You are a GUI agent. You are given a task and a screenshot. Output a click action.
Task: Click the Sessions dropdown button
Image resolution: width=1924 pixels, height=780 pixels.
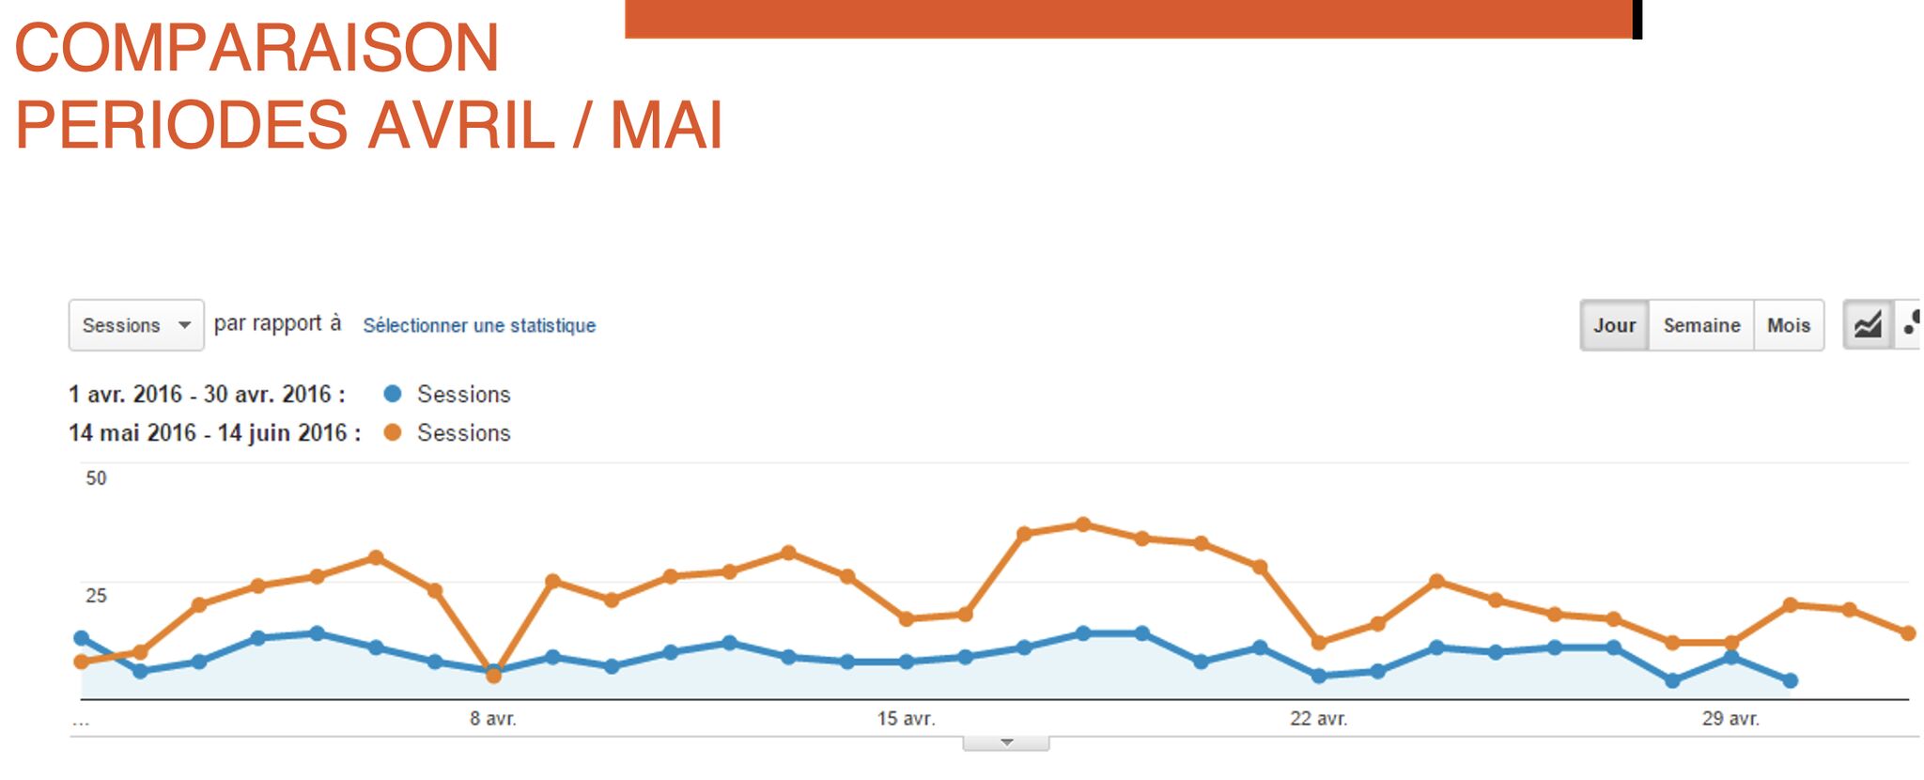pyautogui.click(x=136, y=325)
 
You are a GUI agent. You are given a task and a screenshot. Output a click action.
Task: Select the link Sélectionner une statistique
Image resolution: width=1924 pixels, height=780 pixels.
pyautogui.click(x=479, y=325)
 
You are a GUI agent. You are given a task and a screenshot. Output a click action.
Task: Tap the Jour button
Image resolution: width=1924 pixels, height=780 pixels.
pyautogui.click(x=1614, y=325)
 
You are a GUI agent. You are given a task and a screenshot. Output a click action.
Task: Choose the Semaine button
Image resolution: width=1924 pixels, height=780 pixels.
pyautogui.click(x=1701, y=325)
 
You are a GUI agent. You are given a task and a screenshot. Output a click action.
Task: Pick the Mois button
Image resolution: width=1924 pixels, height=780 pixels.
pyautogui.click(x=1788, y=325)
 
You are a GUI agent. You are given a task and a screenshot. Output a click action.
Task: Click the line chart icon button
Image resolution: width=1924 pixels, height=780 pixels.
pyautogui.click(x=1868, y=325)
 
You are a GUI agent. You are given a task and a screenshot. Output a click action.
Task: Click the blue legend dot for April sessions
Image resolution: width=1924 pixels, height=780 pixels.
pyautogui.click(x=393, y=394)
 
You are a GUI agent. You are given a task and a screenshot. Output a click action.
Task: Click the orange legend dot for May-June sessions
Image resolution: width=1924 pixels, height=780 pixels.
pyautogui.click(x=393, y=432)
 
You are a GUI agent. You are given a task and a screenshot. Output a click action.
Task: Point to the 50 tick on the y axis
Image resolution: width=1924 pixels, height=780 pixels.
pyautogui.click(x=96, y=478)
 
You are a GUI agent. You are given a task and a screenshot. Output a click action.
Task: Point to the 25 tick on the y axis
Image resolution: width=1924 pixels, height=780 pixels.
pyautogui.click(x=96, y=595)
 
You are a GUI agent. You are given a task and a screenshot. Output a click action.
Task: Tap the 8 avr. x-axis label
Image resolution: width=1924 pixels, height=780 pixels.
pyautogui.click(x=493, y=719)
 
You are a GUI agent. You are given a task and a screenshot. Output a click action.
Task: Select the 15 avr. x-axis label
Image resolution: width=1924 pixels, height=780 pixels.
pyautogui.click(x=906, y=719)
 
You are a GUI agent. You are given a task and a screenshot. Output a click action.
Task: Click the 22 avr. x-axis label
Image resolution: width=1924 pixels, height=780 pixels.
pyautogui.click(x=1318, y=719)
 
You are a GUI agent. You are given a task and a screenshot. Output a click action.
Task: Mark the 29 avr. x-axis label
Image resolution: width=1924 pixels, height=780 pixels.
pyautogui.click(x=1730, y=719)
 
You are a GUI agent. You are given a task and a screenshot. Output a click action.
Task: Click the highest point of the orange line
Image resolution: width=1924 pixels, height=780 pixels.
pyautogui.click(x=1083, y=524)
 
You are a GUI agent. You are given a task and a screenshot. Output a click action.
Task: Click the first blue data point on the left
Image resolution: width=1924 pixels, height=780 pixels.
pyautogui.click(x=82, y=638)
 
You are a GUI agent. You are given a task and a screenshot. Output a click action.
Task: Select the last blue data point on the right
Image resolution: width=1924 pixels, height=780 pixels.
pyautogui.click(x=1791, y=680)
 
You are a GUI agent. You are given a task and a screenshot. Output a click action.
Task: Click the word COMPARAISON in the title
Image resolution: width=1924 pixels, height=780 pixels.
pyautogui.click(x=256, y=48)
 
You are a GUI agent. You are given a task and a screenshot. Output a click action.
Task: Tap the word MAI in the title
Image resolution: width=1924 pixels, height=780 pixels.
pyautogui.click(x=666, y=125)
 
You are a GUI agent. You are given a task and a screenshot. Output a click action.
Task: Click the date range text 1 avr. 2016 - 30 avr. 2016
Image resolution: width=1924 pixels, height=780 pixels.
pyautogui.click(x=207, y=394)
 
